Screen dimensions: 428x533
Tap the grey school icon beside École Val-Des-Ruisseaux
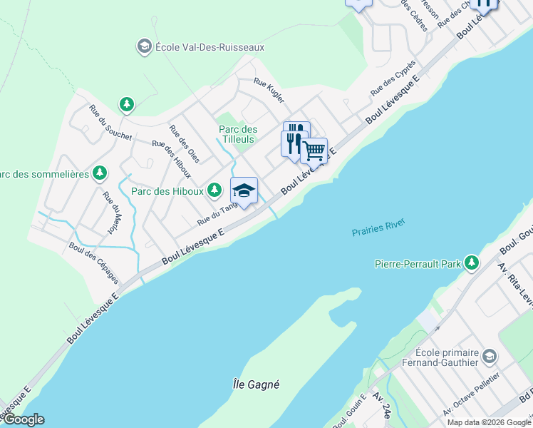point(144,46)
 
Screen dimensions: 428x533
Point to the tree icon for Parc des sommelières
point(100,173)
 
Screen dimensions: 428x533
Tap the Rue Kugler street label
point(269,91)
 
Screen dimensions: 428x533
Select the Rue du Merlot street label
point(111,213)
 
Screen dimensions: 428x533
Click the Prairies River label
point(378,228)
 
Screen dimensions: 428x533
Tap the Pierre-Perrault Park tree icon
point(471,263)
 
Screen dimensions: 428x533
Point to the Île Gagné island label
point(257,384)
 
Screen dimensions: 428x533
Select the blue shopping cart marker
point(314,151)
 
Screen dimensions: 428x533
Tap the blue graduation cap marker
point(244,190)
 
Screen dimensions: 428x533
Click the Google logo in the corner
point(23,420)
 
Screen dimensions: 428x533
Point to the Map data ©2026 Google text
point(489,422)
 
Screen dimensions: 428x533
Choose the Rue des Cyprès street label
point(393,78)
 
